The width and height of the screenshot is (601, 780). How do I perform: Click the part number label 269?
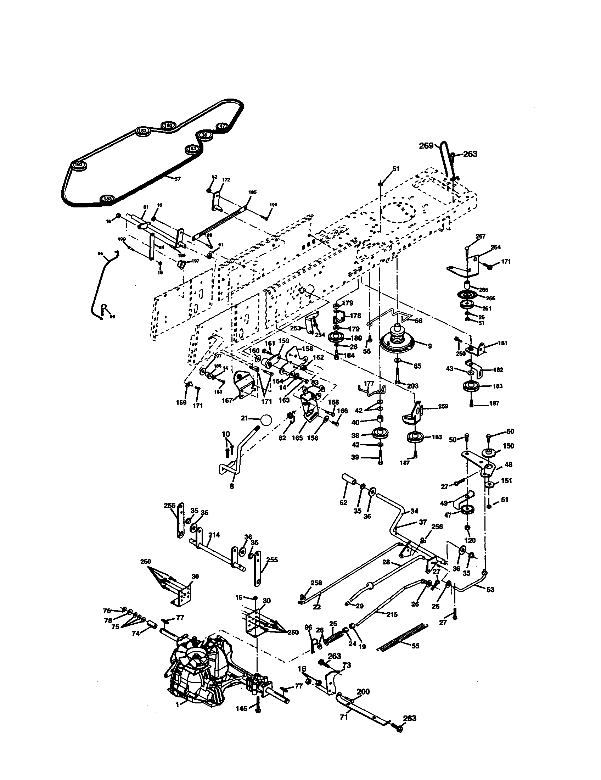pos(426,146)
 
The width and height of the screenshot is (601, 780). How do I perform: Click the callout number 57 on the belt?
pos(177,179)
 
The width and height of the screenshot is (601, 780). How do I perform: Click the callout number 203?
pos(412,386)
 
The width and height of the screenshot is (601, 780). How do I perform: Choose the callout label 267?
pos(481,236)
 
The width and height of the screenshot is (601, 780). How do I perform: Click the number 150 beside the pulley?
pos(508,446)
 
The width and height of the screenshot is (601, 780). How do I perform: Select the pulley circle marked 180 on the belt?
pos(168,126)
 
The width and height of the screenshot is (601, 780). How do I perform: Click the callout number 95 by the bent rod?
pos(100,253)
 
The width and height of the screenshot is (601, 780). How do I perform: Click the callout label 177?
pos(369,383)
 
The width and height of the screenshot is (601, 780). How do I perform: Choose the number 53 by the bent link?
pos(490,589)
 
